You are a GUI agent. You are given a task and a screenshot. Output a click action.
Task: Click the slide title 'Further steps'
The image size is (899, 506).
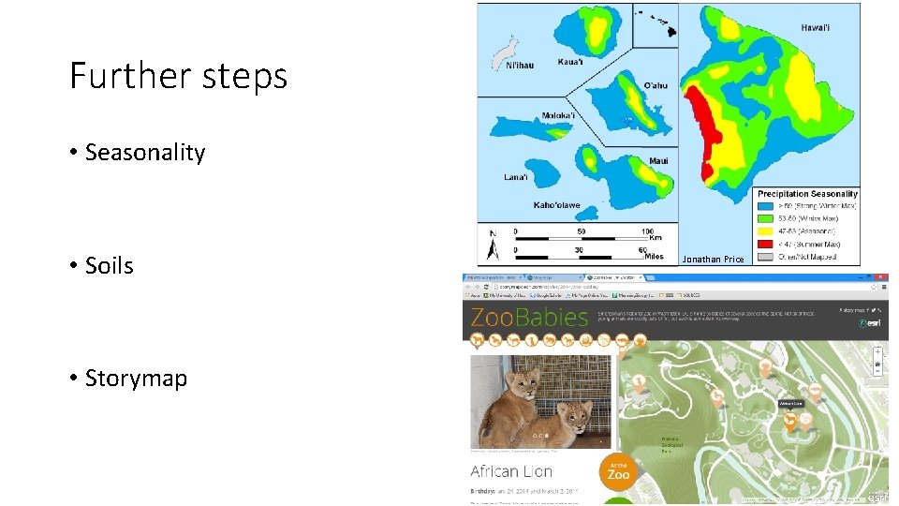pos(178,76)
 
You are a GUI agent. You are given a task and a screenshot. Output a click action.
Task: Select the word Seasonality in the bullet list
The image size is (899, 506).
pos(144,153)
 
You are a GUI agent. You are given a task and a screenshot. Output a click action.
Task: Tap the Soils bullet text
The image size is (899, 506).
pos(109,266)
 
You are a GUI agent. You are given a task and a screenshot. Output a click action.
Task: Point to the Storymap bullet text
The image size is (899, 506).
pos(136,379)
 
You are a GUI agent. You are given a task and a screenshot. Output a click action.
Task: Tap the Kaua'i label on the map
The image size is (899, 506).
pos(570,63)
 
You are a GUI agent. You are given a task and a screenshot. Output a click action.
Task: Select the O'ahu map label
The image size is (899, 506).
pos(656,85)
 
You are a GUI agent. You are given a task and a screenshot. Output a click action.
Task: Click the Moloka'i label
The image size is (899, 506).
pos(558,116)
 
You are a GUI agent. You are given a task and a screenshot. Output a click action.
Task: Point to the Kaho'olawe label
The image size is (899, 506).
pos(556,205)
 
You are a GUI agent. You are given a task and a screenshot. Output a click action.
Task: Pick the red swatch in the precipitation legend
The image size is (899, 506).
pos(766,244)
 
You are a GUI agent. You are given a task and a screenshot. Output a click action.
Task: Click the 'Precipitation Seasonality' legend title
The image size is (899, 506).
pos(807,194)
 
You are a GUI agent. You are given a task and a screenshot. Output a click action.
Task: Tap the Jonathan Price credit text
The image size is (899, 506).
pos(713,260)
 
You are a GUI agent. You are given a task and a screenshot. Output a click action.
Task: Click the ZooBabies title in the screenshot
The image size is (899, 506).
pos(529,317)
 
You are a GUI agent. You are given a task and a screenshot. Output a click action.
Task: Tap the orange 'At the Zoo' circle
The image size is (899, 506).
pos(618,469)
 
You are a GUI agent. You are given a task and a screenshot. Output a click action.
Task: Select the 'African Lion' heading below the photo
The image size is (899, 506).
pos(511,471)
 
